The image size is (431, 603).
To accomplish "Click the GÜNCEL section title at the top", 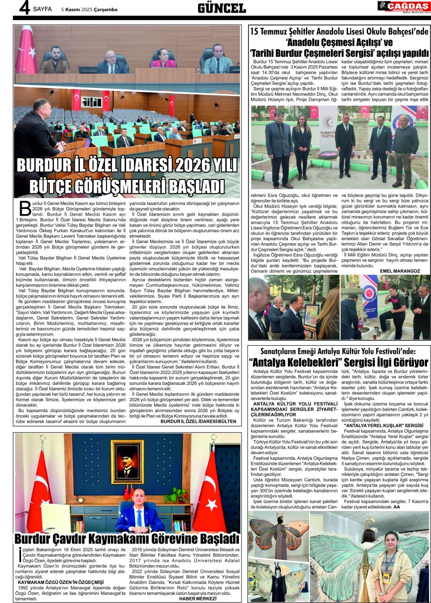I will pyautogui.click(x=221, y=8).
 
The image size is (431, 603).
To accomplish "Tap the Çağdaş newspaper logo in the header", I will pyautogui.click(x=403, y=7).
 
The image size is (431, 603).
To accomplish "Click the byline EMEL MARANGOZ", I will pyautogui.click(x=400, y=270).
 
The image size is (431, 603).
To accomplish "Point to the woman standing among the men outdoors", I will pyautogui.click(x=302, y=144).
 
